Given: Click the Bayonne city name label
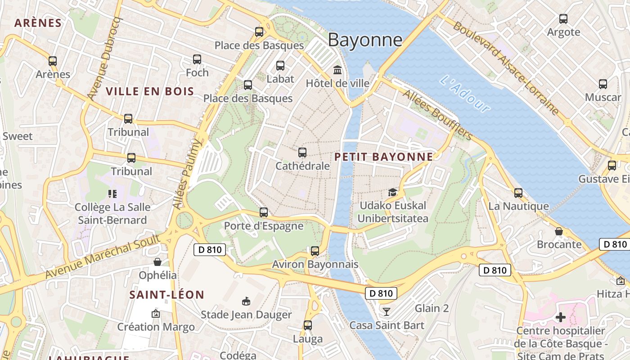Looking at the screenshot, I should [365, 40].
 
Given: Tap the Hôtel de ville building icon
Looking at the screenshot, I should [337, 70].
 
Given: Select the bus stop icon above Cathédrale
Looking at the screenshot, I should [302, 153].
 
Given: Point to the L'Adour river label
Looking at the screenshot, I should [465, 94].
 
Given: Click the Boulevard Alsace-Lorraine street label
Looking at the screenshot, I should [506, 67].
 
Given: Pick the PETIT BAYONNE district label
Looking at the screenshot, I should [384, 157].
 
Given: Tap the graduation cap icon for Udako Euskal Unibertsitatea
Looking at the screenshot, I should [393, 192].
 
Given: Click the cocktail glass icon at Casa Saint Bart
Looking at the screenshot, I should [386, 311].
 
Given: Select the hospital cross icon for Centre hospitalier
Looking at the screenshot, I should [560, 317].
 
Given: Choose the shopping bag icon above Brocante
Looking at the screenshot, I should [559, 231].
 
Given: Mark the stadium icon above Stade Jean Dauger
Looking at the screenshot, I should [246, 301].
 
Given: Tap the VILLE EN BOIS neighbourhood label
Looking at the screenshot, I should [150, 91].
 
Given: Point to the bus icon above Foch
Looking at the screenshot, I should [197, 59].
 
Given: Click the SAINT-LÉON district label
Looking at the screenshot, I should [166, 295].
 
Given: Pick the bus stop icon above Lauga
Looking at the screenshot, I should [308, 325].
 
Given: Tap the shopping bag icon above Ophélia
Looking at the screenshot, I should [157, 261].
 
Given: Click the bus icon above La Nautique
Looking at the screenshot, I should [518, 193].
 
